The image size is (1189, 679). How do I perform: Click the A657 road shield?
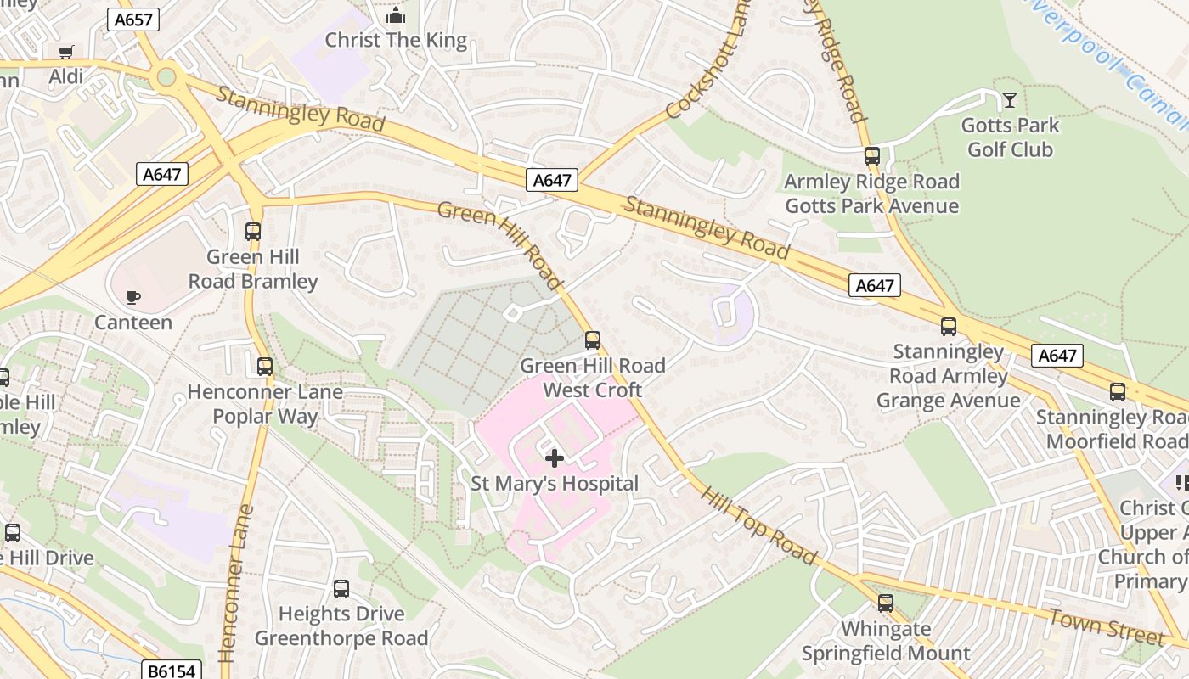(133, 20)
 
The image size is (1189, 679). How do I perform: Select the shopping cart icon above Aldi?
(65, 52)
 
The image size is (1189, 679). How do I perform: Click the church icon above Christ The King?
(396, 15)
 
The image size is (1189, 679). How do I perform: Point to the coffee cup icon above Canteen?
(132, 297)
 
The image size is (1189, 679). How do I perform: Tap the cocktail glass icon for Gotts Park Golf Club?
(1009, 100)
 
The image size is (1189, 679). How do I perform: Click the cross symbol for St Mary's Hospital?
(555, 458)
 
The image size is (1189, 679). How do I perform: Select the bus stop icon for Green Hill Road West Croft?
(593, 340)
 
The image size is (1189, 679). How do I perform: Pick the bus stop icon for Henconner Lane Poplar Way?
(265, 367)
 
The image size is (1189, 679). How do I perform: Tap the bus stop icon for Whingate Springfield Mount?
(886, 603)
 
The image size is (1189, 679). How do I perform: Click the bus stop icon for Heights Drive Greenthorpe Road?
(341, 588)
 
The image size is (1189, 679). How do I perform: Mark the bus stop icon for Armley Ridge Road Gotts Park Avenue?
(872, 156)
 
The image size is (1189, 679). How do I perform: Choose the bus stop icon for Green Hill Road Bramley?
(253, 231)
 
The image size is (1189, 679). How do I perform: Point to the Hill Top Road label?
(758, 526)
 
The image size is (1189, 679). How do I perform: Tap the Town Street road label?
(1106, 626)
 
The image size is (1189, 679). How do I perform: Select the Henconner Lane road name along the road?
(234, 584)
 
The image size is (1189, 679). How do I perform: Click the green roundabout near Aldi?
(166, 78)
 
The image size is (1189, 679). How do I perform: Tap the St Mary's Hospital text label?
(555, 484)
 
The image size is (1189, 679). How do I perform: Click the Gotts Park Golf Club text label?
(1010, 137)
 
